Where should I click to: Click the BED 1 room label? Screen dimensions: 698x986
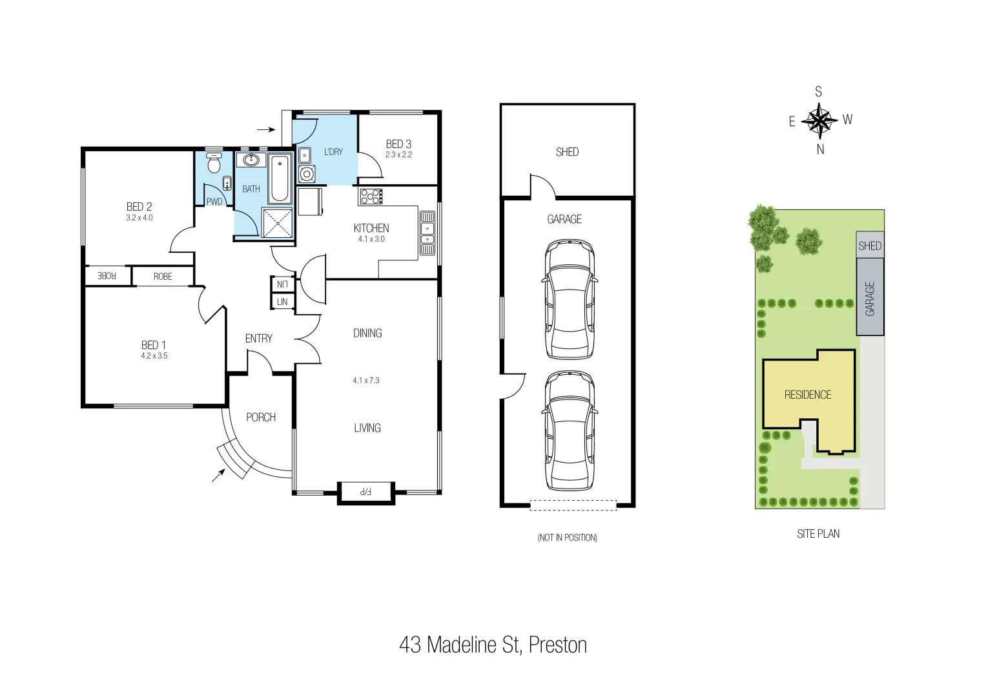(x=154, y=345)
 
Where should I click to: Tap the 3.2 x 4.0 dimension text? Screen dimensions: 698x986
(x=139, y=218)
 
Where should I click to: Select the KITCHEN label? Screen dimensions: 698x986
(x=371, y=228)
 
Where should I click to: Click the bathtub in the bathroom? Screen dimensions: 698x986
(x=281, y=178)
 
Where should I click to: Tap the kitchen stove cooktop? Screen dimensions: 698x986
(x=371, y=196)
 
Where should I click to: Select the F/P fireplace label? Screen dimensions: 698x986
(x=365, y=492)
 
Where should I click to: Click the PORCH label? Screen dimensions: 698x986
(x=261, y=418)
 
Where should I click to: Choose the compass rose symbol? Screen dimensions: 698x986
(x=819, y=121)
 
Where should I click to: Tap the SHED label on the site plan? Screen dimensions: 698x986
(x=870, y=246)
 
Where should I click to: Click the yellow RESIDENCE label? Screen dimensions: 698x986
(x=808, y=395)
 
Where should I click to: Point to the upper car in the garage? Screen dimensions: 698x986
(x=569, y=299)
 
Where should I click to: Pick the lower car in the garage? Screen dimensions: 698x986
(x=569, y=432)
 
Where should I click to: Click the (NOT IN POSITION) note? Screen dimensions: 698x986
(x=567, y=538)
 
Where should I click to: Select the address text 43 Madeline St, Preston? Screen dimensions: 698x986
(x=493, y=645)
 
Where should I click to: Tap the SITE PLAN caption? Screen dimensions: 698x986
(x=818, y=534)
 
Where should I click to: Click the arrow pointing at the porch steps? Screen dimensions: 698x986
(x=219, y=475)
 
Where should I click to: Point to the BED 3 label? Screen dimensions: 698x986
(x=398, y=144)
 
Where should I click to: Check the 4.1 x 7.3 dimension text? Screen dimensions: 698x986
(x=366, y=381)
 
